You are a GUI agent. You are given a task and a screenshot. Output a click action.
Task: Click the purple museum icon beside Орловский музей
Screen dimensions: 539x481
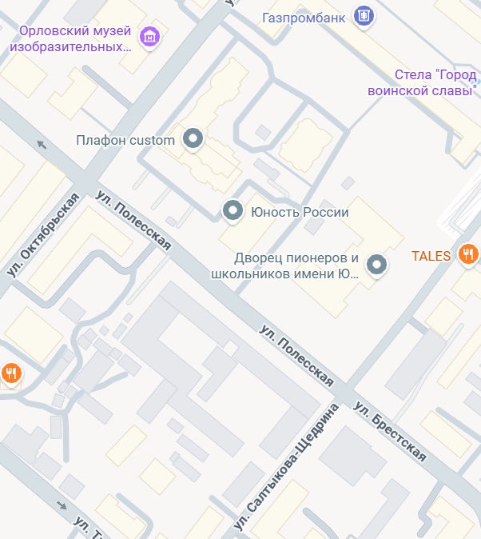[x=149, y=36]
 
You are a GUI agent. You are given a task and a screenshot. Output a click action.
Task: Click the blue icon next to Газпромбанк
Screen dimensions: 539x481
[x=364, y=16]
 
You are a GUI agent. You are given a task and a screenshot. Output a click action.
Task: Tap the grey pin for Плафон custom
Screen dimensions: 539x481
[x=193, y=140]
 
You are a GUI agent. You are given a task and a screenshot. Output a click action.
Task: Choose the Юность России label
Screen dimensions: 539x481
[x=300, y=212]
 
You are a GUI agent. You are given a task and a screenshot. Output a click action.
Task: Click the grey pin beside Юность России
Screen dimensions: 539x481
[x=233, y=211]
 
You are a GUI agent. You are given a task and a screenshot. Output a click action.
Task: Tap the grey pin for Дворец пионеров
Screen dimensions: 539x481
[x=376, y=265]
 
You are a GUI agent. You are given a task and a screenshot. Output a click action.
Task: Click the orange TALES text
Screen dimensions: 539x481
[x=431, y=256]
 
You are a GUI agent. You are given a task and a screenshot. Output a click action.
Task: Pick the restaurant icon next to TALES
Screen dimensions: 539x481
[x=468, y=255]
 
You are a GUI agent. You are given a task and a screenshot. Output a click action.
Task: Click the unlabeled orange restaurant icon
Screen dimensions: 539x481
[x=11, y=373]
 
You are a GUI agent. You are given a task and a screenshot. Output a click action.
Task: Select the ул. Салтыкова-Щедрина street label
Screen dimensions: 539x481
[x=286, y=468]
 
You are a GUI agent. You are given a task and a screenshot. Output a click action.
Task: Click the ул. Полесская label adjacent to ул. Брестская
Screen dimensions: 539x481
[x=296, y=355]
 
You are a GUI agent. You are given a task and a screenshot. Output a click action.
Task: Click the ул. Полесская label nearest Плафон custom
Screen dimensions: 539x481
[x=133, y=221]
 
